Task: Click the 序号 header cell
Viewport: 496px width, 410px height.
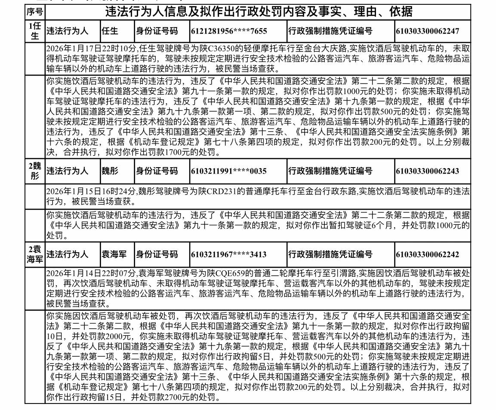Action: click(x=35, y=12)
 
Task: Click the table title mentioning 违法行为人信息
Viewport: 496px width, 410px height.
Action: click(x=258, y=12)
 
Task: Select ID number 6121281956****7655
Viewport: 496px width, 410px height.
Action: click(x=229, y=31)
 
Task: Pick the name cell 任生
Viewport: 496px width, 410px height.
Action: click(x=109, y=31)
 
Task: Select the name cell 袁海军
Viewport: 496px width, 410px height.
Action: click(x=114, y=254)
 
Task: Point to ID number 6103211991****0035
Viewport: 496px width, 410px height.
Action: click(x=228, y=171)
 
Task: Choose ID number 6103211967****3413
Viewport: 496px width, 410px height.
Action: click(x=228, y=254)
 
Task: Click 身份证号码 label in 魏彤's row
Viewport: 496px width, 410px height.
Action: click(x=157, y=171)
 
